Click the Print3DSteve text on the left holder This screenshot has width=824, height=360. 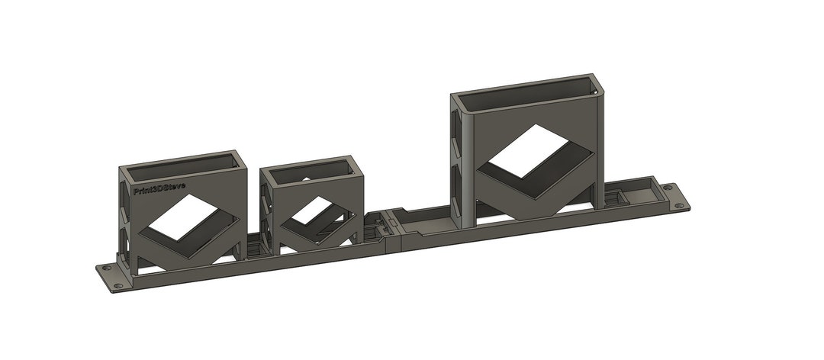(x=159, y=189)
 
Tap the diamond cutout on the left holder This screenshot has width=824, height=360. (x=183, y=217)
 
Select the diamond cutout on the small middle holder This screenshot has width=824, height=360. (x=313, y=211)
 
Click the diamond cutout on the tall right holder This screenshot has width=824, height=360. (x=529, y=151)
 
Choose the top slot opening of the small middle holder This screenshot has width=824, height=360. (x=311, y=172)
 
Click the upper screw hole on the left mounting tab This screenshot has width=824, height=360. (x=108, y=268)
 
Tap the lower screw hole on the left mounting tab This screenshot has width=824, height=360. (x=119, y=287)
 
